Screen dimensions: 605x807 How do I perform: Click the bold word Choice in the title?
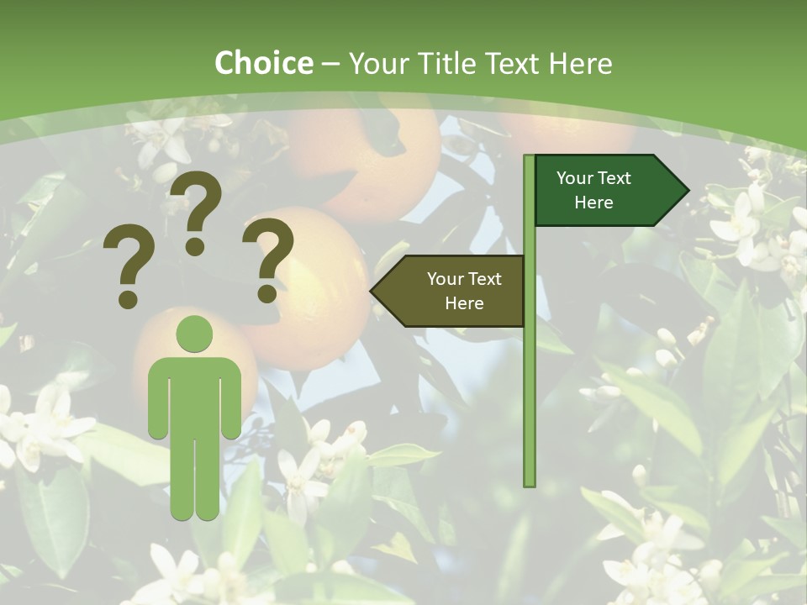(263, 63)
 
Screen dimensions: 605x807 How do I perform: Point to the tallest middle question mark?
(196, 210)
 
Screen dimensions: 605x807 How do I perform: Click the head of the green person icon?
(194, 333)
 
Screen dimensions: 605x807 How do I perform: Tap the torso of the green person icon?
(194, 395)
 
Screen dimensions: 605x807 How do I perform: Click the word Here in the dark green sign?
(593, 203)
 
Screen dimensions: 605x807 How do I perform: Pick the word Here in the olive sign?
(464, 303)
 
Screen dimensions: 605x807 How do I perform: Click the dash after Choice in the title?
(330, 63)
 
